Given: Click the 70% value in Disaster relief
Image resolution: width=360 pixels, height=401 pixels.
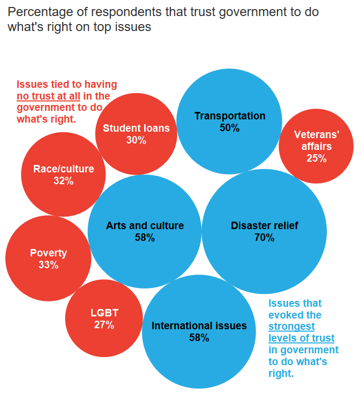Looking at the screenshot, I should [x=264, y=238].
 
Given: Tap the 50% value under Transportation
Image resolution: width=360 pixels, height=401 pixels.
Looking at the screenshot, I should [x=229, y=128].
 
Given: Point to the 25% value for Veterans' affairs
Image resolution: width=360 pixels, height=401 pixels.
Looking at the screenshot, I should [x=316, y=158].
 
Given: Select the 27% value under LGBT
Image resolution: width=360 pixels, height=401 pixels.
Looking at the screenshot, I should [x=104, y=325].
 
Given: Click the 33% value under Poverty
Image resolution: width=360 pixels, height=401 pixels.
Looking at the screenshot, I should [x=48, y=265].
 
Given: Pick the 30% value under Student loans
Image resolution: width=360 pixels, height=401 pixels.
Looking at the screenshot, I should [x=136, y=140].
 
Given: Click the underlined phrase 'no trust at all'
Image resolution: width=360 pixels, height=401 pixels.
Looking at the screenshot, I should [x=48, y=96].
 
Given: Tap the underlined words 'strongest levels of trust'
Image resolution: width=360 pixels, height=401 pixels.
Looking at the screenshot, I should [x=301, y=332].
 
